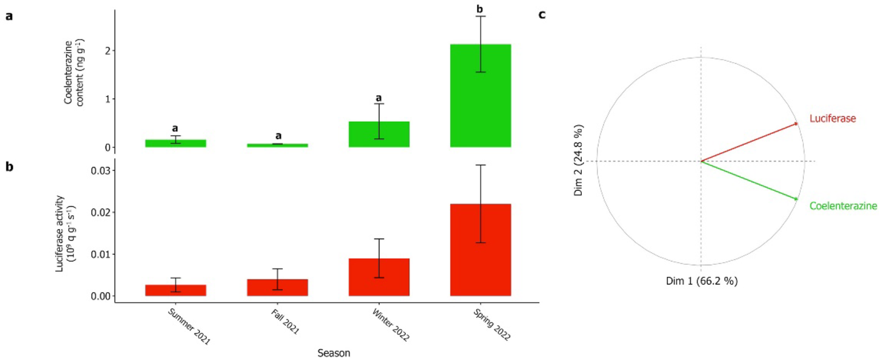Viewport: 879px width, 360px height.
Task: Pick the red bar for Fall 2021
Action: (277, 287)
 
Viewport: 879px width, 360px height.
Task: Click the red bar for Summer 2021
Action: (175, 290)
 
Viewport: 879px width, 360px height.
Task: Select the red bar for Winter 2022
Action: (379, 277)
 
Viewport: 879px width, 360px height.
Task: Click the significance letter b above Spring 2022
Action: (480, 9)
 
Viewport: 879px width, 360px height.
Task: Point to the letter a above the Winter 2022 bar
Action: (379, 98)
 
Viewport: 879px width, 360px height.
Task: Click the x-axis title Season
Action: (333, 353)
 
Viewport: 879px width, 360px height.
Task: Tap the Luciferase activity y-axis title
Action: (64, 234)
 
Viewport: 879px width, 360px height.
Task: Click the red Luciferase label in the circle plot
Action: (832, 118)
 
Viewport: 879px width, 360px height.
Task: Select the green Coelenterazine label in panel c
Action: (843, 205)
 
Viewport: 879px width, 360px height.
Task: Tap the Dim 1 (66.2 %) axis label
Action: (701, 281)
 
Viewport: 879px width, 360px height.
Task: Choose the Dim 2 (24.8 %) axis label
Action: (578, 160)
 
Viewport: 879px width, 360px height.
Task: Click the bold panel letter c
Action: (541, 15)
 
